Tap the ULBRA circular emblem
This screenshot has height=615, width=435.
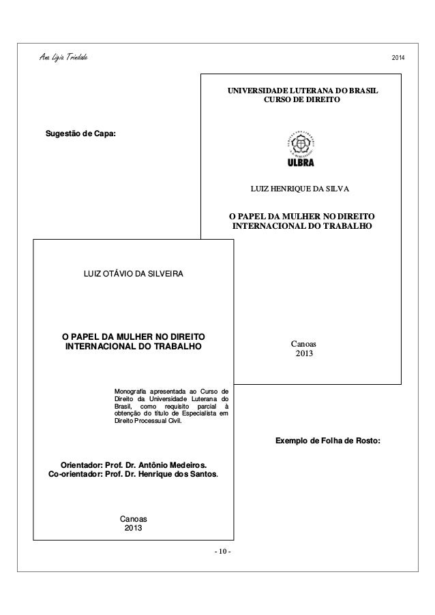(x=301, y=144)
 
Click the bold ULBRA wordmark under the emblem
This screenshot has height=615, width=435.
(x=301, y=163)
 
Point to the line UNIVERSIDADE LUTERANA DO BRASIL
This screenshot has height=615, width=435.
(x=302, y=90)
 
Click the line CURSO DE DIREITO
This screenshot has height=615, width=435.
(x=301, y=100)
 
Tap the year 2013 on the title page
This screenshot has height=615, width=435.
(x=134, y=529)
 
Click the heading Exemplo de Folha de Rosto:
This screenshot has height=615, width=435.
(x=327, y=441)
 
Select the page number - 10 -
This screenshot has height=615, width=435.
(x=222, y=550)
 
